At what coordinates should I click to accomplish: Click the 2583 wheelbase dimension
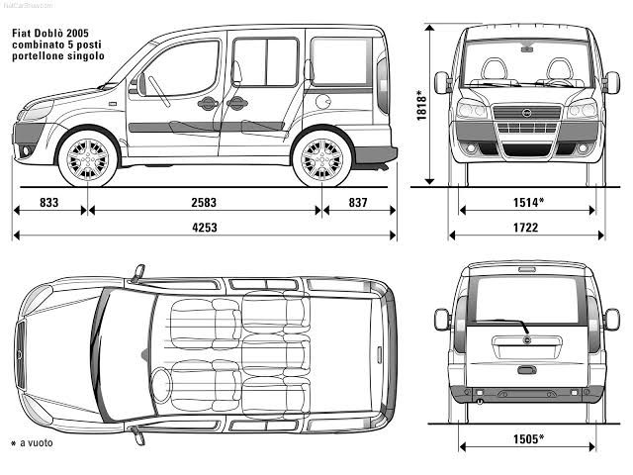(x=205, y=202)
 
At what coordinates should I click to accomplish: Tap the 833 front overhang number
(x=49, y=202)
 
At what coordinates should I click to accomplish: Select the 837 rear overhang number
(x=358, y=202)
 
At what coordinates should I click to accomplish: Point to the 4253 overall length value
(x=205, y=227)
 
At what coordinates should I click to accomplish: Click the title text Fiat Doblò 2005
(x=57, y=33)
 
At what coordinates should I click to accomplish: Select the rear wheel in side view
(x=321, y=158)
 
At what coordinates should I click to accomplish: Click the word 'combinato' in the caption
(x=40, y=45)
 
